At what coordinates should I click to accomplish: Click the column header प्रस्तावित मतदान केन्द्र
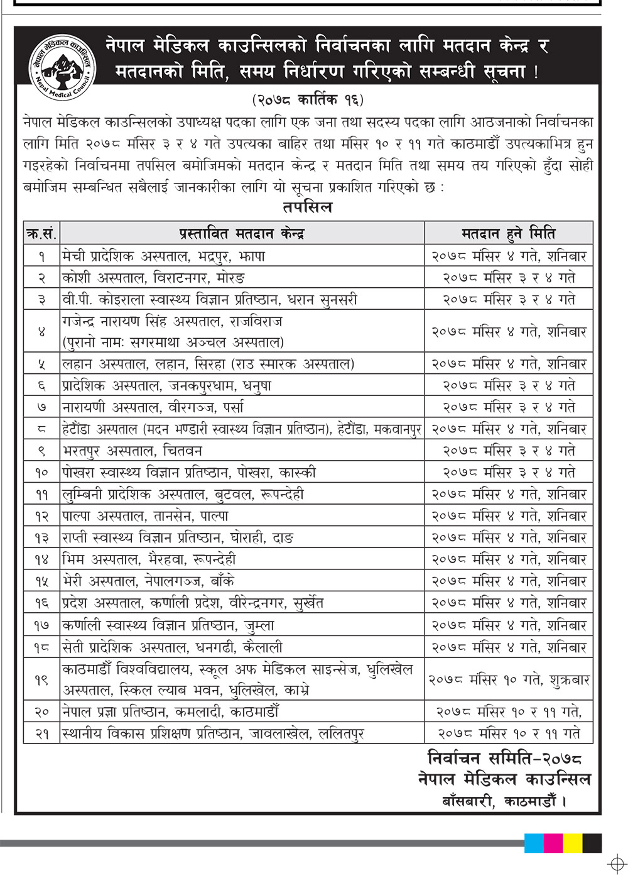pos(242,234)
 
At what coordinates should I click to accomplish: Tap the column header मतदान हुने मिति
pos(508,234)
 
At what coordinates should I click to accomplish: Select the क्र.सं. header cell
pos(41,234)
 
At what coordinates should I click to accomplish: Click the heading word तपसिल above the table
pos(307,207)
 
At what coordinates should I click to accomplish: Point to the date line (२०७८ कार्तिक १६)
pos(308,99)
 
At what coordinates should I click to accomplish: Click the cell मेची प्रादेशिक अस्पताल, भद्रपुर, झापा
pos(164,256)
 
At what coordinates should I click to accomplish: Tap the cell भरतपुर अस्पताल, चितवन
pos(132,451)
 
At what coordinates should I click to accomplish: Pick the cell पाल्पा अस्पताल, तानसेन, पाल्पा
pos(145,516)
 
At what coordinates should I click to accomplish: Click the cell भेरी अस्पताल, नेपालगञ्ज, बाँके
pos(148,581)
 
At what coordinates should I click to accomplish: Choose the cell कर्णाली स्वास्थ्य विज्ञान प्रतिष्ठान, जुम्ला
pos(168,625)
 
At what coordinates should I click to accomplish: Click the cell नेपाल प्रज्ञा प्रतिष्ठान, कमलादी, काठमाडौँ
pos(170,711)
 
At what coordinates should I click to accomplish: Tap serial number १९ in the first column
pos(41,679)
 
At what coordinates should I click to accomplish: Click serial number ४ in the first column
pos(41,331)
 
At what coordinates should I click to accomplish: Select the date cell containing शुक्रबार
pos(509,679)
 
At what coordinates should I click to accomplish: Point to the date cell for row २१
pos(509,733)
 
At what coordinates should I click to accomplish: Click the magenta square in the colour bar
pos(553,843)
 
